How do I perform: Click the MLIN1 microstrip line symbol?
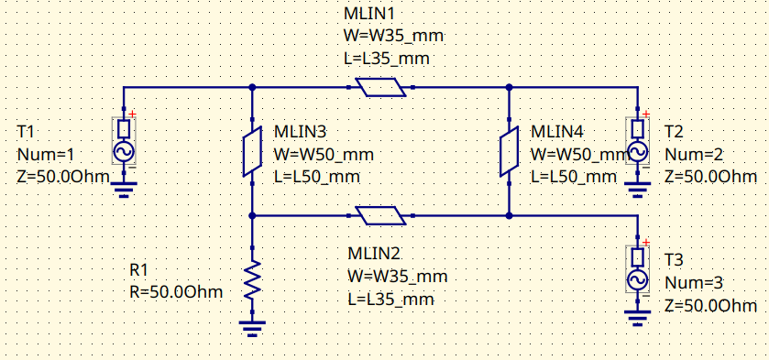click(x=380, y=88)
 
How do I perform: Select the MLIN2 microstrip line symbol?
click(x=380, y=216)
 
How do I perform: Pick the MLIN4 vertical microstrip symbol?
click(x=508, y=152)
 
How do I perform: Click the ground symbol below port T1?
click(x=124, y=191)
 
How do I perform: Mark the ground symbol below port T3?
click(x=637, y=319)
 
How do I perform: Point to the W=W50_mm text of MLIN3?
click(x=324, y=154)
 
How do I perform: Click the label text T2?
click(x=674, y=131)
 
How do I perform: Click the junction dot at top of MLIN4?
click(x=508, y=88)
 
